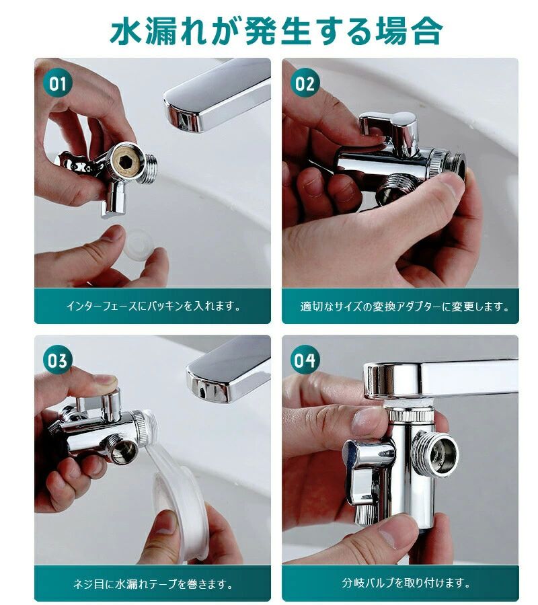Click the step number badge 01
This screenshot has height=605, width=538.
click(58, 84)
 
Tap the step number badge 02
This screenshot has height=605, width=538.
click(305, 83)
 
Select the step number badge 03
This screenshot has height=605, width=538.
click(58, 360)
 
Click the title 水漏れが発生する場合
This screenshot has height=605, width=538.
click(276, 30)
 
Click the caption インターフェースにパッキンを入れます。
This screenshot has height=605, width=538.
click(153, 306)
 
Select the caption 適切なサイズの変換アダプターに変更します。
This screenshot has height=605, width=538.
click(404, 307)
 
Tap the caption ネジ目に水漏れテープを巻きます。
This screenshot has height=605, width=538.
click(153, 583)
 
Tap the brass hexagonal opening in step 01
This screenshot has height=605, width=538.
click(126, 161)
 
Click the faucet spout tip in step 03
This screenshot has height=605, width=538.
click(209, 384)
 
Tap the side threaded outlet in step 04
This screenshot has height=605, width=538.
click(436, 452)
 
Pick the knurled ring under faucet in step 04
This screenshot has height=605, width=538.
click(411, 415)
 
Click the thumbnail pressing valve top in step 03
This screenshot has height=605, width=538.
click(104, 381)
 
